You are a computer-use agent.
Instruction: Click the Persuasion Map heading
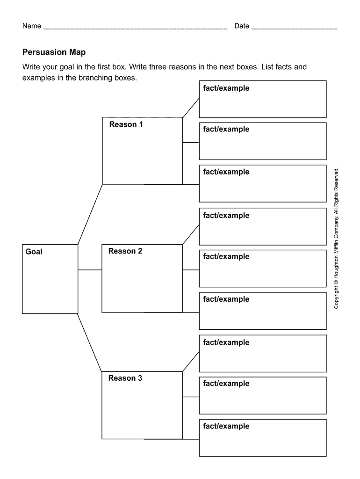54,52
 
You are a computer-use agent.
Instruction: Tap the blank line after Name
135,28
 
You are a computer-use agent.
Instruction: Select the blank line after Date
294,28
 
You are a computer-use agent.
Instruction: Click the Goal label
34,252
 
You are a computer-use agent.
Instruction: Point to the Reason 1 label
126,124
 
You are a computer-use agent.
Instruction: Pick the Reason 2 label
125,251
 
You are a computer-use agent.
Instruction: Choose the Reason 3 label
125,378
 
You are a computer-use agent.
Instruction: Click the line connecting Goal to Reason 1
90,214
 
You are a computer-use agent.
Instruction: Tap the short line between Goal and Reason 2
90,270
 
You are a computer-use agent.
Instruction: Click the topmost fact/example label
226,88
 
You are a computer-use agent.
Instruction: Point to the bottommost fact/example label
226,426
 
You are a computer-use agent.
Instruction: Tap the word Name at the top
32,26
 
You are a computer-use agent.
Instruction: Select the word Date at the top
241,26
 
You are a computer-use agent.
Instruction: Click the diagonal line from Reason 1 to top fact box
191,108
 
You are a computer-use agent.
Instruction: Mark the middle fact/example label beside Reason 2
226,256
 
